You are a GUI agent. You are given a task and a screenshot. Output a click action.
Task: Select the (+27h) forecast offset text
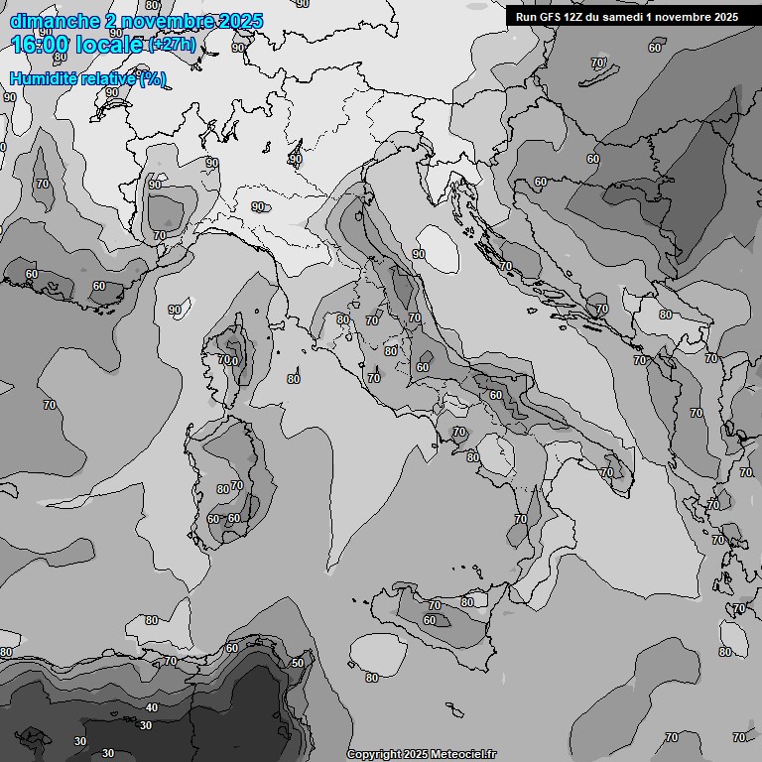[172, 46]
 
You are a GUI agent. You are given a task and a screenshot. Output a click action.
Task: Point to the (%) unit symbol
[153, 79]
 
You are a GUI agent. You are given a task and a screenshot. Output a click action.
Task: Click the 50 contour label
[297, 663]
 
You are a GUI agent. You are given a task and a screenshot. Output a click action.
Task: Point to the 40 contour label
[152, 707]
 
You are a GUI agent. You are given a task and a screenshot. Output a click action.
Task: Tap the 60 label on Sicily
[429, 620]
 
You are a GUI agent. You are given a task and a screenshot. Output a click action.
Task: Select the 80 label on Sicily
[466, 602]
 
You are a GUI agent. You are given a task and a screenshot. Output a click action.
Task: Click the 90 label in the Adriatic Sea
[419, 254]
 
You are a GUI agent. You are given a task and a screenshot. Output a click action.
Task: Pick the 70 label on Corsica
[224, 359]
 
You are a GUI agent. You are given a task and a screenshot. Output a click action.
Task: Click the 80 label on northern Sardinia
[222, 489]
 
